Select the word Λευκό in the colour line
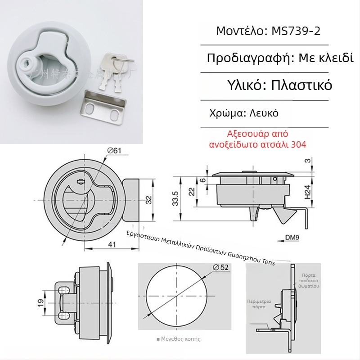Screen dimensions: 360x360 click(x=263, y=113)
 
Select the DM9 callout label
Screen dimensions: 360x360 click(x=292, y=237)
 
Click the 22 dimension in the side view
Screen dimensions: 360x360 click(x=192, y=191)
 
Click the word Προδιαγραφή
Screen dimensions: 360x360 click(x=249, y=58)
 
